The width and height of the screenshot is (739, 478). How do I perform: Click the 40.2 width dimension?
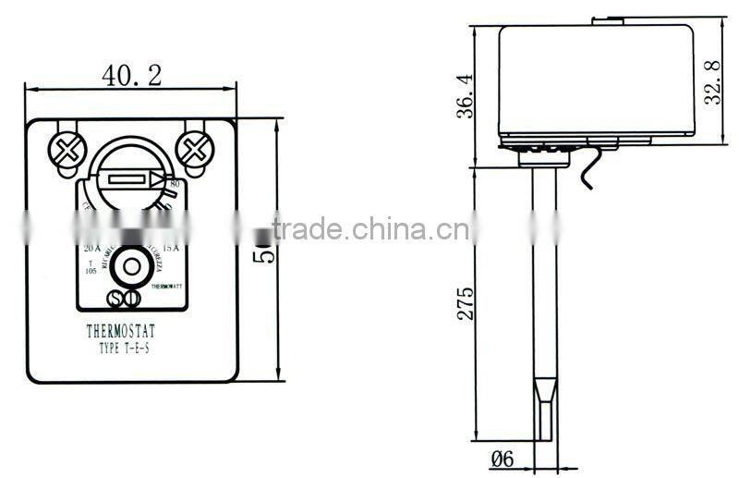click(x=131, y=76)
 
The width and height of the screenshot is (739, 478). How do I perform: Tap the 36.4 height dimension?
click(x=466, y=95)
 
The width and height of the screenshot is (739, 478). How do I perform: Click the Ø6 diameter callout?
click(x=510, y=456)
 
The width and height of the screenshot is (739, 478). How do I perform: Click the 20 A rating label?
click(x=92, y=248)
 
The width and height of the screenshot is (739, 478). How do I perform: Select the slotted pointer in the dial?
click(x=129, y=178)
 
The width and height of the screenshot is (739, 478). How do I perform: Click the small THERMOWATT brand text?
click(x=168, y=287)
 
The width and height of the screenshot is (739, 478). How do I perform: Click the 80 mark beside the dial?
click(x=175, y=185)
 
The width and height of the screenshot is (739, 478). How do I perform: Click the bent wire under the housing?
click(x=588, y=173)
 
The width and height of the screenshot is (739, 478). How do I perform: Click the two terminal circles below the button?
click(x=123, y=299)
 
